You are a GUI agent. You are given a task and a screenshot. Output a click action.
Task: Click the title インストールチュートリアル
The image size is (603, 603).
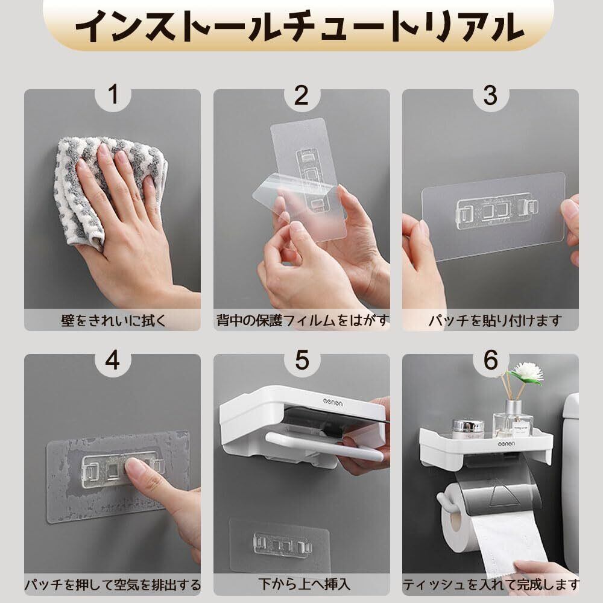(300, 26)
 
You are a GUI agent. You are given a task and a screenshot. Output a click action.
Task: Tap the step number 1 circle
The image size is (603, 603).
(113, 95)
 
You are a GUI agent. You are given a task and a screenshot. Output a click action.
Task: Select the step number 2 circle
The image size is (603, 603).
(302, 95)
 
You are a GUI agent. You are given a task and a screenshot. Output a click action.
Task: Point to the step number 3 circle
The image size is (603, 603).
(490, 95)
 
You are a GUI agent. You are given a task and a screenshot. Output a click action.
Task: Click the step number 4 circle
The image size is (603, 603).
(113, 360)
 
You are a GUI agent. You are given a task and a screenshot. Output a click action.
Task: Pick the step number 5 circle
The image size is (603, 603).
(302, 360)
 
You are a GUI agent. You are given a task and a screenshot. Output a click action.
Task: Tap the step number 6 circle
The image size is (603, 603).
(490, 360)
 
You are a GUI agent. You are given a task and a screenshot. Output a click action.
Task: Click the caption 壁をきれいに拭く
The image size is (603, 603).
(113, 320)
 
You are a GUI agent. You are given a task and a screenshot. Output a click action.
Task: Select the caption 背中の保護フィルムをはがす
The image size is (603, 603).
(302, 320)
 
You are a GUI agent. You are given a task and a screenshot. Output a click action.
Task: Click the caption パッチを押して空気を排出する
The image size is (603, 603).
(113, 585)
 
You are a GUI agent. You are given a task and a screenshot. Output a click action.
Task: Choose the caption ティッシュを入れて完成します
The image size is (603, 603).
(491, 585)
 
